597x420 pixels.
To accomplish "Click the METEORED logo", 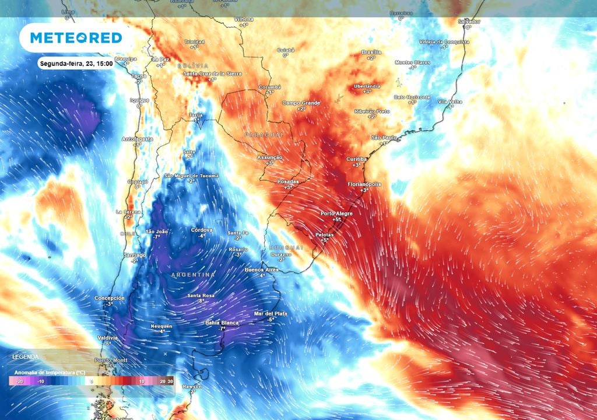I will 76,38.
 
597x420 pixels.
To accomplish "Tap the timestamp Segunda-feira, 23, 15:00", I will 76,63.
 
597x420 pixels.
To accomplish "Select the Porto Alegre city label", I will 337,213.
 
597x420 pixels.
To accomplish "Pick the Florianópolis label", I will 364,184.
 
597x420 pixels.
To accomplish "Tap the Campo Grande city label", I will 301,103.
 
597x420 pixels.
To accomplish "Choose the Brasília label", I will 371,52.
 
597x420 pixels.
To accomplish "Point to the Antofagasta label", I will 138,139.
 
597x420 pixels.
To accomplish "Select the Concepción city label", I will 110,298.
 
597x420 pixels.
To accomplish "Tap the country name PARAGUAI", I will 264,135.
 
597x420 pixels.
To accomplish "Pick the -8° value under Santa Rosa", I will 200,302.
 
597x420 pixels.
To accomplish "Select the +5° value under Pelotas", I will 324,240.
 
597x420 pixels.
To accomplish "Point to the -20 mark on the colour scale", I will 19,381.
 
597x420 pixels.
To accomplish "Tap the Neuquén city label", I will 161,325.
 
